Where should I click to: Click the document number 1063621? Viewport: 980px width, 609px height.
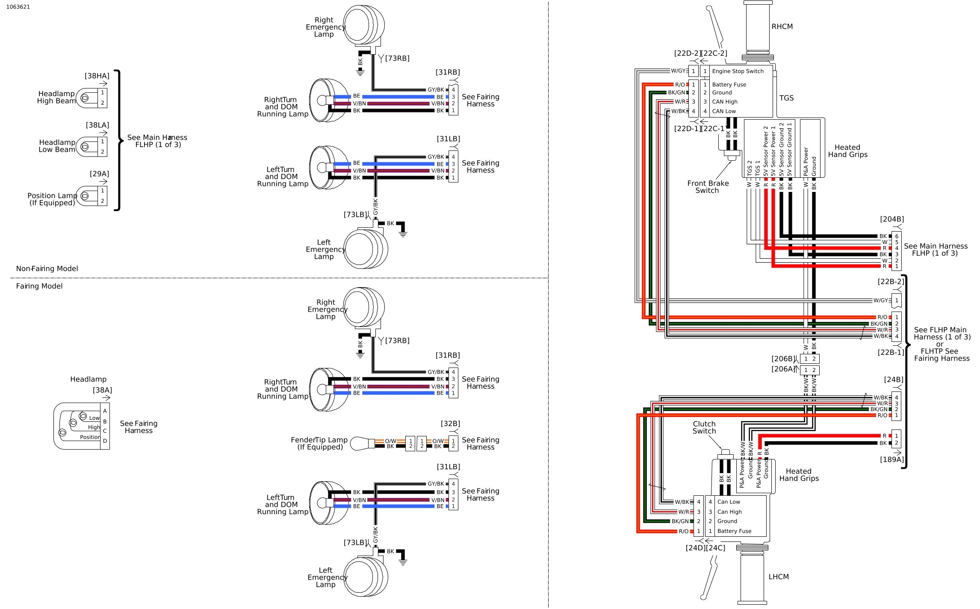click(x=18, y=7)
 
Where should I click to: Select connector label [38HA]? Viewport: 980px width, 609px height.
click(x=97, y=76)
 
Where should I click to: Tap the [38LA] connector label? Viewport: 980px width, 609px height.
click(x=97, y=125)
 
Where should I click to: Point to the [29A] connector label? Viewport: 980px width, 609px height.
click(x=99, y=174)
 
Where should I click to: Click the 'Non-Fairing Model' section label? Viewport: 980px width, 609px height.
click(x=47, y=269)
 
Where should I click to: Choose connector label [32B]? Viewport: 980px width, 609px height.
click(x=450, y=424)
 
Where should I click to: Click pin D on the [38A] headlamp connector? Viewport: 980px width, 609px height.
click(x=105, y=441)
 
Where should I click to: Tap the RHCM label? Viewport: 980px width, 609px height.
click(x=782, y=26)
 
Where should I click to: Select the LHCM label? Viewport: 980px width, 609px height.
click(x=779, y=577)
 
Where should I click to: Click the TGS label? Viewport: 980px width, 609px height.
click(x=786, y=98)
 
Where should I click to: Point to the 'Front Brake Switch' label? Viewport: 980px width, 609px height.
click(x=708, y=187)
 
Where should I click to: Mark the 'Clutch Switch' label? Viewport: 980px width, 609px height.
click(x=704, y=427)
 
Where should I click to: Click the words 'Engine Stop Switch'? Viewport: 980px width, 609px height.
click(x=738, y=71)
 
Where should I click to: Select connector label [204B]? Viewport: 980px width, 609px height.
click(x=892, y=219)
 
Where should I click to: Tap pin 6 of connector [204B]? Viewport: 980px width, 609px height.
click(x=897, y=236)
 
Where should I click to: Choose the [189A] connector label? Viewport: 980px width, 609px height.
click(x=892, y=459)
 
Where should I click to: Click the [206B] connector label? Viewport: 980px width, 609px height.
click(x=783, y=359)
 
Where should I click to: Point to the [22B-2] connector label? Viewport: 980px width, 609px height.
click(x=891, y=282)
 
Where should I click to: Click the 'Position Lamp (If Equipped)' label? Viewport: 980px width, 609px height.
click(x=52, y=199)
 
